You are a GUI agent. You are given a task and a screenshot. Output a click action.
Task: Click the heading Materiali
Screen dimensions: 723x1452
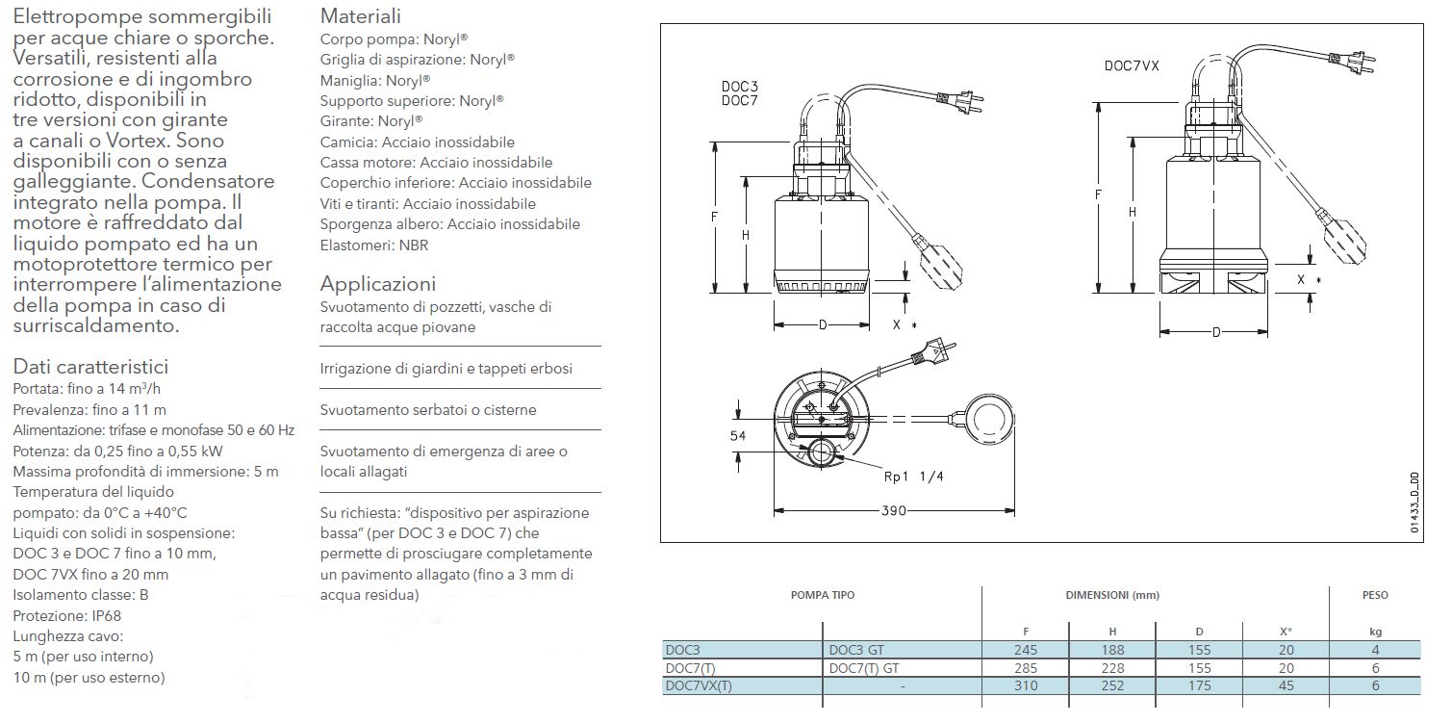point(361,16)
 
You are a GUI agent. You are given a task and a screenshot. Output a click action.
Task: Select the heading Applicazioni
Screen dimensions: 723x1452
point(378,284)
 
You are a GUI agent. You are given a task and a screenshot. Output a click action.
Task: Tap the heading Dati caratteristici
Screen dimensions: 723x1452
point(91,367)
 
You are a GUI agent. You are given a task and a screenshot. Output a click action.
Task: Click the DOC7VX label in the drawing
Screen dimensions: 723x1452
point(1131,66)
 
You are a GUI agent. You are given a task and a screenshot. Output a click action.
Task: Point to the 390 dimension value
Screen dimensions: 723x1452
point(894,511)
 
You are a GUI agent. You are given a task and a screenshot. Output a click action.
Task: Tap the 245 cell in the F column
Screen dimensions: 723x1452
point(1025,650)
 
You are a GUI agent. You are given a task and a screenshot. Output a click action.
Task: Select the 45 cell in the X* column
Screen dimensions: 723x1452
point(1286,685)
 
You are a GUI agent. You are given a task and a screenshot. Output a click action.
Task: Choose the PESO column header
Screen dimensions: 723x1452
point(1375,595)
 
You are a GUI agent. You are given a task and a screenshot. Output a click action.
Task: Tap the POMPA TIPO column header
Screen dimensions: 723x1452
point(822,595)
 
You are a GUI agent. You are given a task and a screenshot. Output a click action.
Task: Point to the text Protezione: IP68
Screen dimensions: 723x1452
point(67,615)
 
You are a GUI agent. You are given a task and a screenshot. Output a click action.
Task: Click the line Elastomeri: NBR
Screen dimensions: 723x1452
point(374,245)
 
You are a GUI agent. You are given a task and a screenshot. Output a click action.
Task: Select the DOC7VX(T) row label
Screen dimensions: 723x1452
point(699,685)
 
